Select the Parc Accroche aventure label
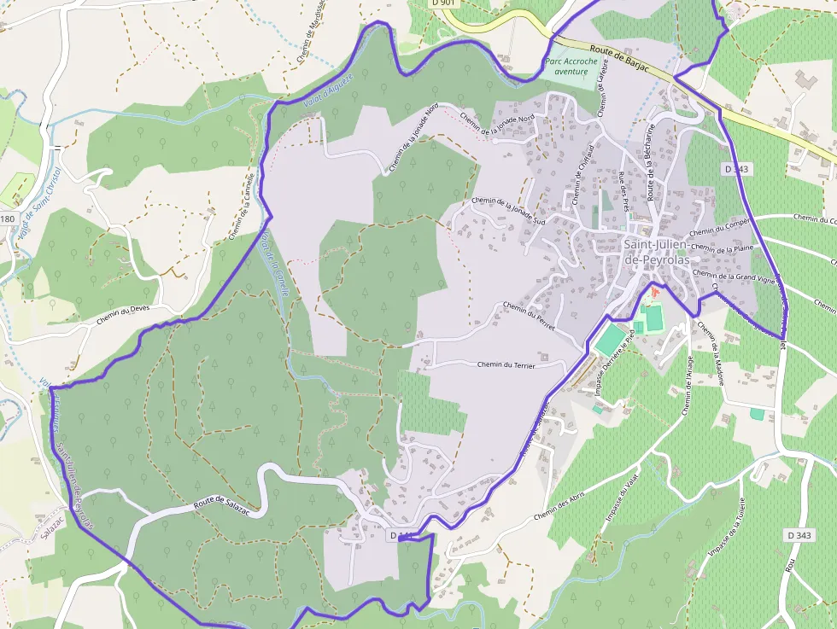pyautogui.click(x=566, y=67)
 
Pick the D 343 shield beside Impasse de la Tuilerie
pyautogui.click(x=799, y=534)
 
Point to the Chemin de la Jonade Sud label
pyautogui.click(x=508, y=211)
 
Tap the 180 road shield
pyautogui.click(x=8, y=219)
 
